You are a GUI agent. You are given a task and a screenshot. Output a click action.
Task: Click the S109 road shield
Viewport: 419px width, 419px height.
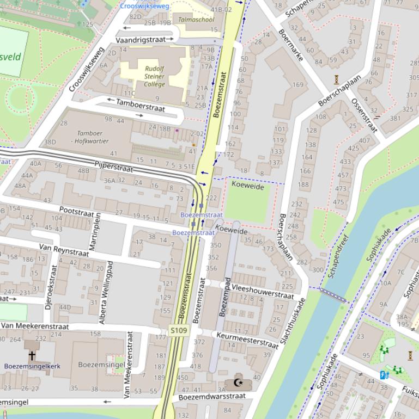[x=179, y=330]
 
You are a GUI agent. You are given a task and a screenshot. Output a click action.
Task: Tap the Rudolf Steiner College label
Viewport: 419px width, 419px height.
[x=154, y=76]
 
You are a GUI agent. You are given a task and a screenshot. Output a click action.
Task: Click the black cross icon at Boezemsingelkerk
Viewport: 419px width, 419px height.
[x=32, y=355]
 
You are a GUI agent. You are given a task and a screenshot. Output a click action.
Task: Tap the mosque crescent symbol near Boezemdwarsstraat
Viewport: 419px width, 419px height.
[x=238, y=383]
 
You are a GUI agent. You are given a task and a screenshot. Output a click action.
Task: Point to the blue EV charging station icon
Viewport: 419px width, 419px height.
[x=384, y=374]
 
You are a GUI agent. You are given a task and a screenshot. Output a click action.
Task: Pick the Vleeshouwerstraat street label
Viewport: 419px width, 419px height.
[x=263, y=292]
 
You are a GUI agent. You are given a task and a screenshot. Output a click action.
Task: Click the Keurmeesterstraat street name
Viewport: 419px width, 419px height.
[x=247, y=339]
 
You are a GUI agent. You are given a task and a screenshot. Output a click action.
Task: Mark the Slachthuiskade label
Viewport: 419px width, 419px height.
[x=292, y=321]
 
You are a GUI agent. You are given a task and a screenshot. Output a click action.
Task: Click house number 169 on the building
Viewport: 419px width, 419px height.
[x=297, y=84]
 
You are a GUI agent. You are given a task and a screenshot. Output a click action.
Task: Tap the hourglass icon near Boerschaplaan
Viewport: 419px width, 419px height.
[x=337, y=79]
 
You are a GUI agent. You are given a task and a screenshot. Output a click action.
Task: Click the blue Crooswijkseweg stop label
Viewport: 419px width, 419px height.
[x=144, y=6]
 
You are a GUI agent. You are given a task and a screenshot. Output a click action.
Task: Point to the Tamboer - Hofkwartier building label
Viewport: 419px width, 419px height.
[x=89, y=137]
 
